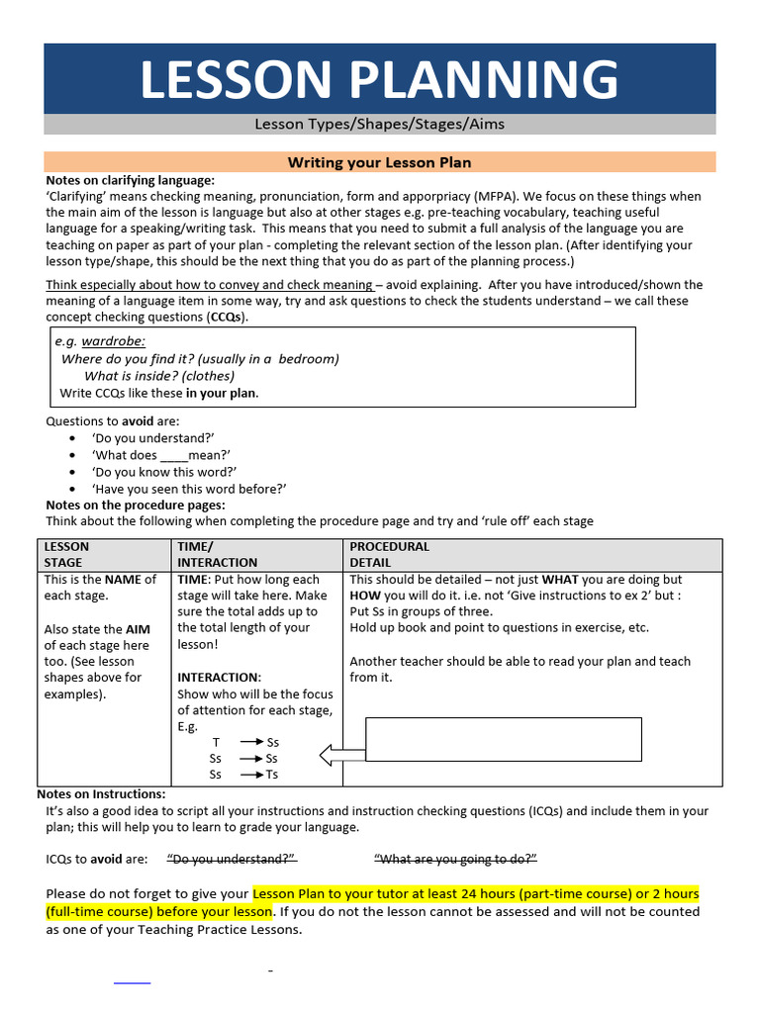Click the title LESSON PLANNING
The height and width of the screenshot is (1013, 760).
pos(379,79)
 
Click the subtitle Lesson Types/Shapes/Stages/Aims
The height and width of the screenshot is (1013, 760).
pos(379,125)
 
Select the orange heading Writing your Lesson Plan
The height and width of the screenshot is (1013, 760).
pos(379,162)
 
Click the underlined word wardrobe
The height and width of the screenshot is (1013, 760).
pos(113,341)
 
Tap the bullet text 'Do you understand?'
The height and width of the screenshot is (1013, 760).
pos(153,438)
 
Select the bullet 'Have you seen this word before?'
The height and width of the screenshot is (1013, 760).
pos(189,489)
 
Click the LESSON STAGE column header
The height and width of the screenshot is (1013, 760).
pos(66,554)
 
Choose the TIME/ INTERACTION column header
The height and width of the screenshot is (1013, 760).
pos(204,554)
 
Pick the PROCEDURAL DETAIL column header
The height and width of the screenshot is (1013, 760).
pos(390,554)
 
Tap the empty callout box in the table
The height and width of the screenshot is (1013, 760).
pos(504,739)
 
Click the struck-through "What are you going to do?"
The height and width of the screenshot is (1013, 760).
pos(455,859)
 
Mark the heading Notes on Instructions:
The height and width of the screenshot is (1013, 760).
pos(101,794)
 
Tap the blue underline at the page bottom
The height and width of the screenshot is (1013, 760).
pos(133,983)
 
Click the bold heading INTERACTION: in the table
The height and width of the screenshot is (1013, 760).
pos(219,678)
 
